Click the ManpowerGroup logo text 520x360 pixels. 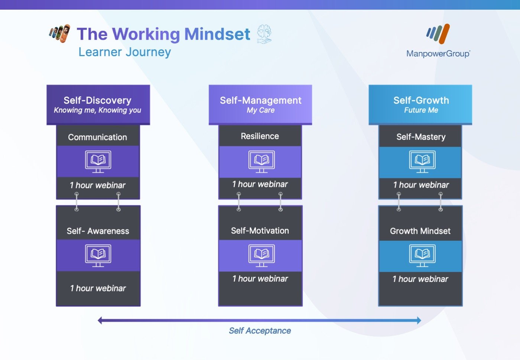tap(438, 53)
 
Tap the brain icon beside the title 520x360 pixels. tap(264, 34)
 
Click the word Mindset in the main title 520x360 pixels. tap(217, 34)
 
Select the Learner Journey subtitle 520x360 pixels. tap(125, 52)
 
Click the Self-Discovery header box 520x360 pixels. tap(98, 105)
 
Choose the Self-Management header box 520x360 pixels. tap(260, 105)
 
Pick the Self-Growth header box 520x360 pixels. tap(420, 105)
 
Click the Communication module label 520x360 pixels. tap(97, 137)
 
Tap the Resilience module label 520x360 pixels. tap(260, 136)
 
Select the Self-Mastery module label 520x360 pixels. tap(421, 137)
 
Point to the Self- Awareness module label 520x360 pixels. tap(98, 231)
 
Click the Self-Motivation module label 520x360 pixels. tap(260, 231)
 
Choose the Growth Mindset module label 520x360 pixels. tap(420, 231)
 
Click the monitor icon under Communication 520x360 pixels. tap(98, 162)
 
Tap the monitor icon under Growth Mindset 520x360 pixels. tap(422, 256)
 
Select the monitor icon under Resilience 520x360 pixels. tap(261, 162)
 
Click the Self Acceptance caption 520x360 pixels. tap(260, 331)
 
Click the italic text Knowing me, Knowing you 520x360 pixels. tap(97, 110)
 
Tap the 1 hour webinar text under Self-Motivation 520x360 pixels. tap(260, 279)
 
